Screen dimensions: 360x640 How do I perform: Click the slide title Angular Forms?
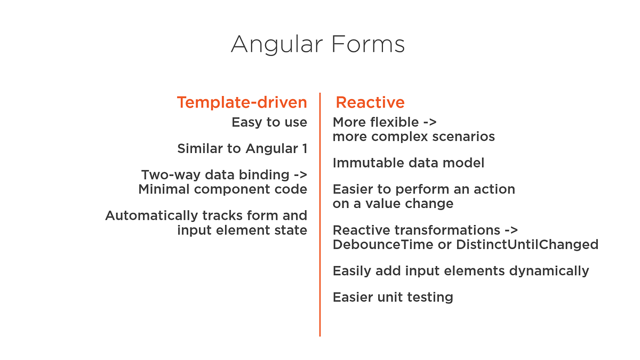pos(318,44)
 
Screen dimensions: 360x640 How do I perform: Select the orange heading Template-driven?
pos(242,102)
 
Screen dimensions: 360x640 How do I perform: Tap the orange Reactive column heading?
pos(370,102)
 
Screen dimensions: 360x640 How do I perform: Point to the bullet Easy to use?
pos(269,123)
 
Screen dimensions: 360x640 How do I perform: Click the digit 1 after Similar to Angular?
pos(304,149)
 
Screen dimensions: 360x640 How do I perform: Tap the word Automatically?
pos(151,215)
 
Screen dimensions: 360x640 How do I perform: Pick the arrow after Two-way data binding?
pos(300,175)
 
